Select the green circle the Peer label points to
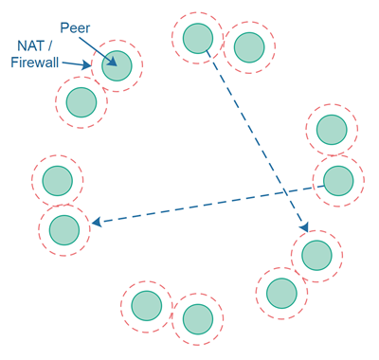tap(117, 65)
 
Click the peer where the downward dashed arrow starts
tap(197, 39)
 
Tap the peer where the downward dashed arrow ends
tap(316, 255)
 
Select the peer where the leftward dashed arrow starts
tap(338, 180)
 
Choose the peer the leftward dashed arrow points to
tap(63, 229)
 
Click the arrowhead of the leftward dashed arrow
tap(97, 224)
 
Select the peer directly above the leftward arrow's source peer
tap(332, 130)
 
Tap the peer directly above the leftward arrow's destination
tap(57, 178)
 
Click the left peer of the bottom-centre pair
tap(146, 305)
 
